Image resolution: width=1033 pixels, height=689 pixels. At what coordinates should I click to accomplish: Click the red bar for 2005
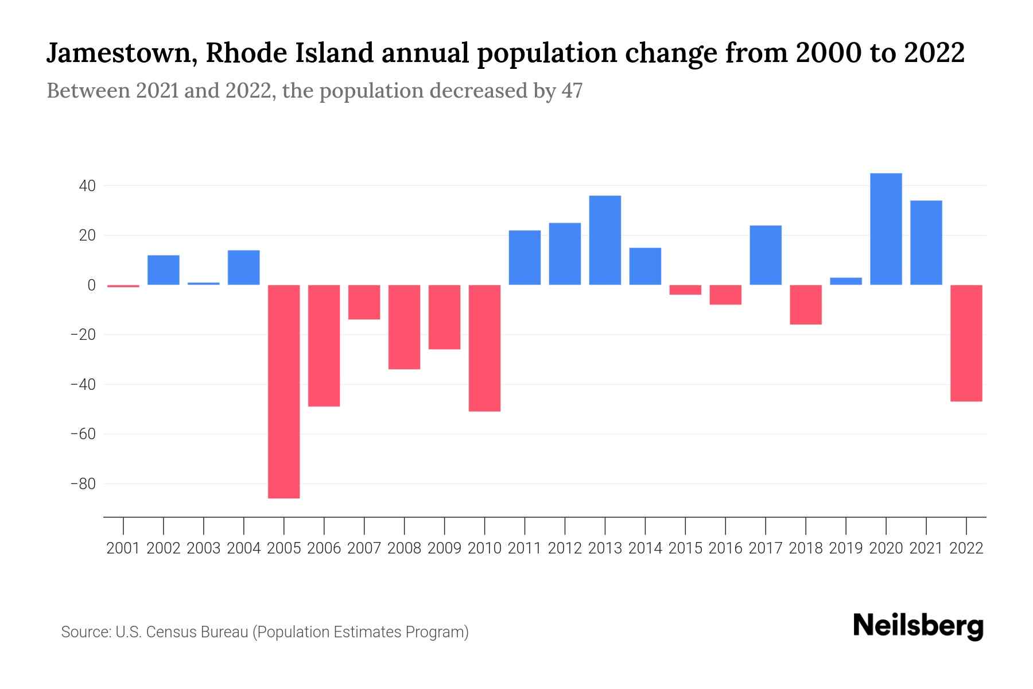(284, 392)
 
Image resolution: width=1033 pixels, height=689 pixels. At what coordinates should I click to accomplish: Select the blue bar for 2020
(886, 229)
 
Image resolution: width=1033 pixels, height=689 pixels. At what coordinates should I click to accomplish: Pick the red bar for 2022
(966, 343)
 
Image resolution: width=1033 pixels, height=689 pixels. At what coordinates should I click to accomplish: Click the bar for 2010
(484, 348)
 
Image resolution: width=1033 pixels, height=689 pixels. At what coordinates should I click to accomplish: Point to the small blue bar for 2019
(846, 281)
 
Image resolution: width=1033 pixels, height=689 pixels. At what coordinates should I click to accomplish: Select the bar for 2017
(766, 255)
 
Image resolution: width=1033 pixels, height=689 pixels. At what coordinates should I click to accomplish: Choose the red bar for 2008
(404, 327)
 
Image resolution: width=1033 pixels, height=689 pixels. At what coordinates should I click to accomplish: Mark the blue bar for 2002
(164, 270)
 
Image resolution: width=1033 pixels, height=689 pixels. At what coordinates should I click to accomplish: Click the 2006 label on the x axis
(324, 548)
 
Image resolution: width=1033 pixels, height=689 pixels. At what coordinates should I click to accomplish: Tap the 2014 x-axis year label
(645, 548)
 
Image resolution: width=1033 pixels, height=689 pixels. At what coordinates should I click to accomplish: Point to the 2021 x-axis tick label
(926, 548)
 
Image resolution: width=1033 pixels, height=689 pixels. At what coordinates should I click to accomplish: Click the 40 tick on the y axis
(87, 186)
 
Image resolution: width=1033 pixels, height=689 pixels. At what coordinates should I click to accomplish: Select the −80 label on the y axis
(83, 484)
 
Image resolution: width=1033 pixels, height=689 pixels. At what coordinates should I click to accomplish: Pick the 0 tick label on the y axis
(91, 285)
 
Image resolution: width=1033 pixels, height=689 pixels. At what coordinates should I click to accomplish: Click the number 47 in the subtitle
(572, 91)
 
